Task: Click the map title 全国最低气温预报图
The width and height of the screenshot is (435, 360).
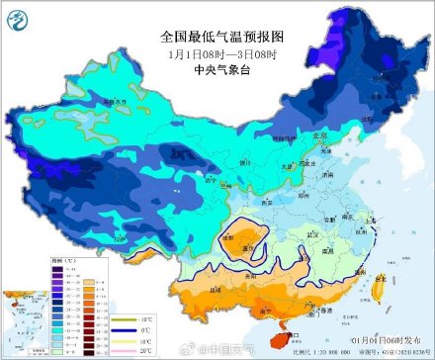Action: click(x=217, y=36)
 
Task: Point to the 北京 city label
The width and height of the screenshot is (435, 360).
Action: click(x=319, y=135)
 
